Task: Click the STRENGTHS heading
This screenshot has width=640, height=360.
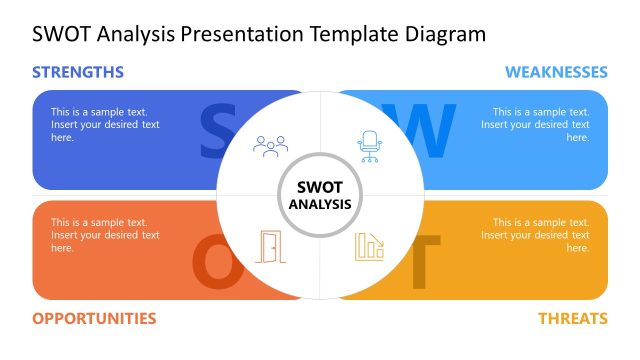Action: [78, 72]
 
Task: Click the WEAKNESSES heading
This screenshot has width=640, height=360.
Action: [556, 72]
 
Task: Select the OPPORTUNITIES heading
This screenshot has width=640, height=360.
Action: [94, 318]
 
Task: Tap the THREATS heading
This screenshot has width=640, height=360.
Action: [573, 318]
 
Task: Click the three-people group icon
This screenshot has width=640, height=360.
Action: [270, 146]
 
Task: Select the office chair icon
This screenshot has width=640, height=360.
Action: [370, 146]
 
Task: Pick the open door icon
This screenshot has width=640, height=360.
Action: [270, 246]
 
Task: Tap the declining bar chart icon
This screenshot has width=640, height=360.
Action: [369, 246]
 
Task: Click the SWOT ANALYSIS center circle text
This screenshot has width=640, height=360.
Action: [320, 195]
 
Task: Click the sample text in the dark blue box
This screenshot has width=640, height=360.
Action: [105, 125]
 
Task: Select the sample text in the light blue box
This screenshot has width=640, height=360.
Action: [534, 125]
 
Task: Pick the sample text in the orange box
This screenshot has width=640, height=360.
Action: [105, 235]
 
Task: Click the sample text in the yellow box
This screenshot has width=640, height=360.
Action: [534, 235]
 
